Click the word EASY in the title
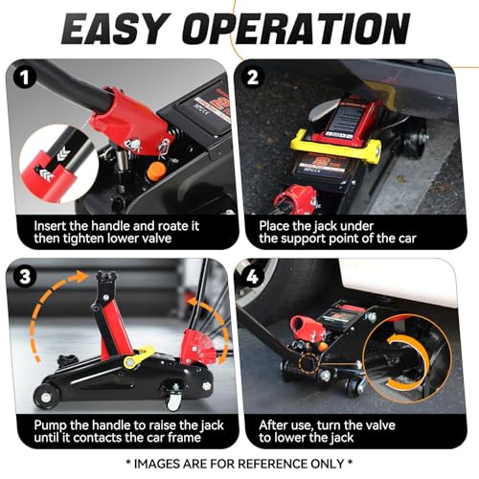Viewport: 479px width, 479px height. pos(114,29)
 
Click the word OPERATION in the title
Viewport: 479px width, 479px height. pos(296,29)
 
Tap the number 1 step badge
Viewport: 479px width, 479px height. pos(25,78)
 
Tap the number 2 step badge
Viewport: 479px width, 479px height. pos(253,78)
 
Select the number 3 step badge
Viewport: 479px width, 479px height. pos(25,277)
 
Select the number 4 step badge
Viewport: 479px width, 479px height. pos(253,277)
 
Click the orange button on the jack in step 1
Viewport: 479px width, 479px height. pos(155,171)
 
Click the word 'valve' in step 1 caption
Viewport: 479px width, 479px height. pos(157,239)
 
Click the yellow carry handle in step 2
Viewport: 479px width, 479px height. pos(335,146)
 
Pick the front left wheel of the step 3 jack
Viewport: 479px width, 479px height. pos(45,397)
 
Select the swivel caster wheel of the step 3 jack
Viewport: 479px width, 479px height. pos(173,401)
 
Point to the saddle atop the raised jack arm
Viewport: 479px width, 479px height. pos(106,277)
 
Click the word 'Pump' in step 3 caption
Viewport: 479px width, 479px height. pos(50,426)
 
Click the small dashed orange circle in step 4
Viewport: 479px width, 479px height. pos(308,363)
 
